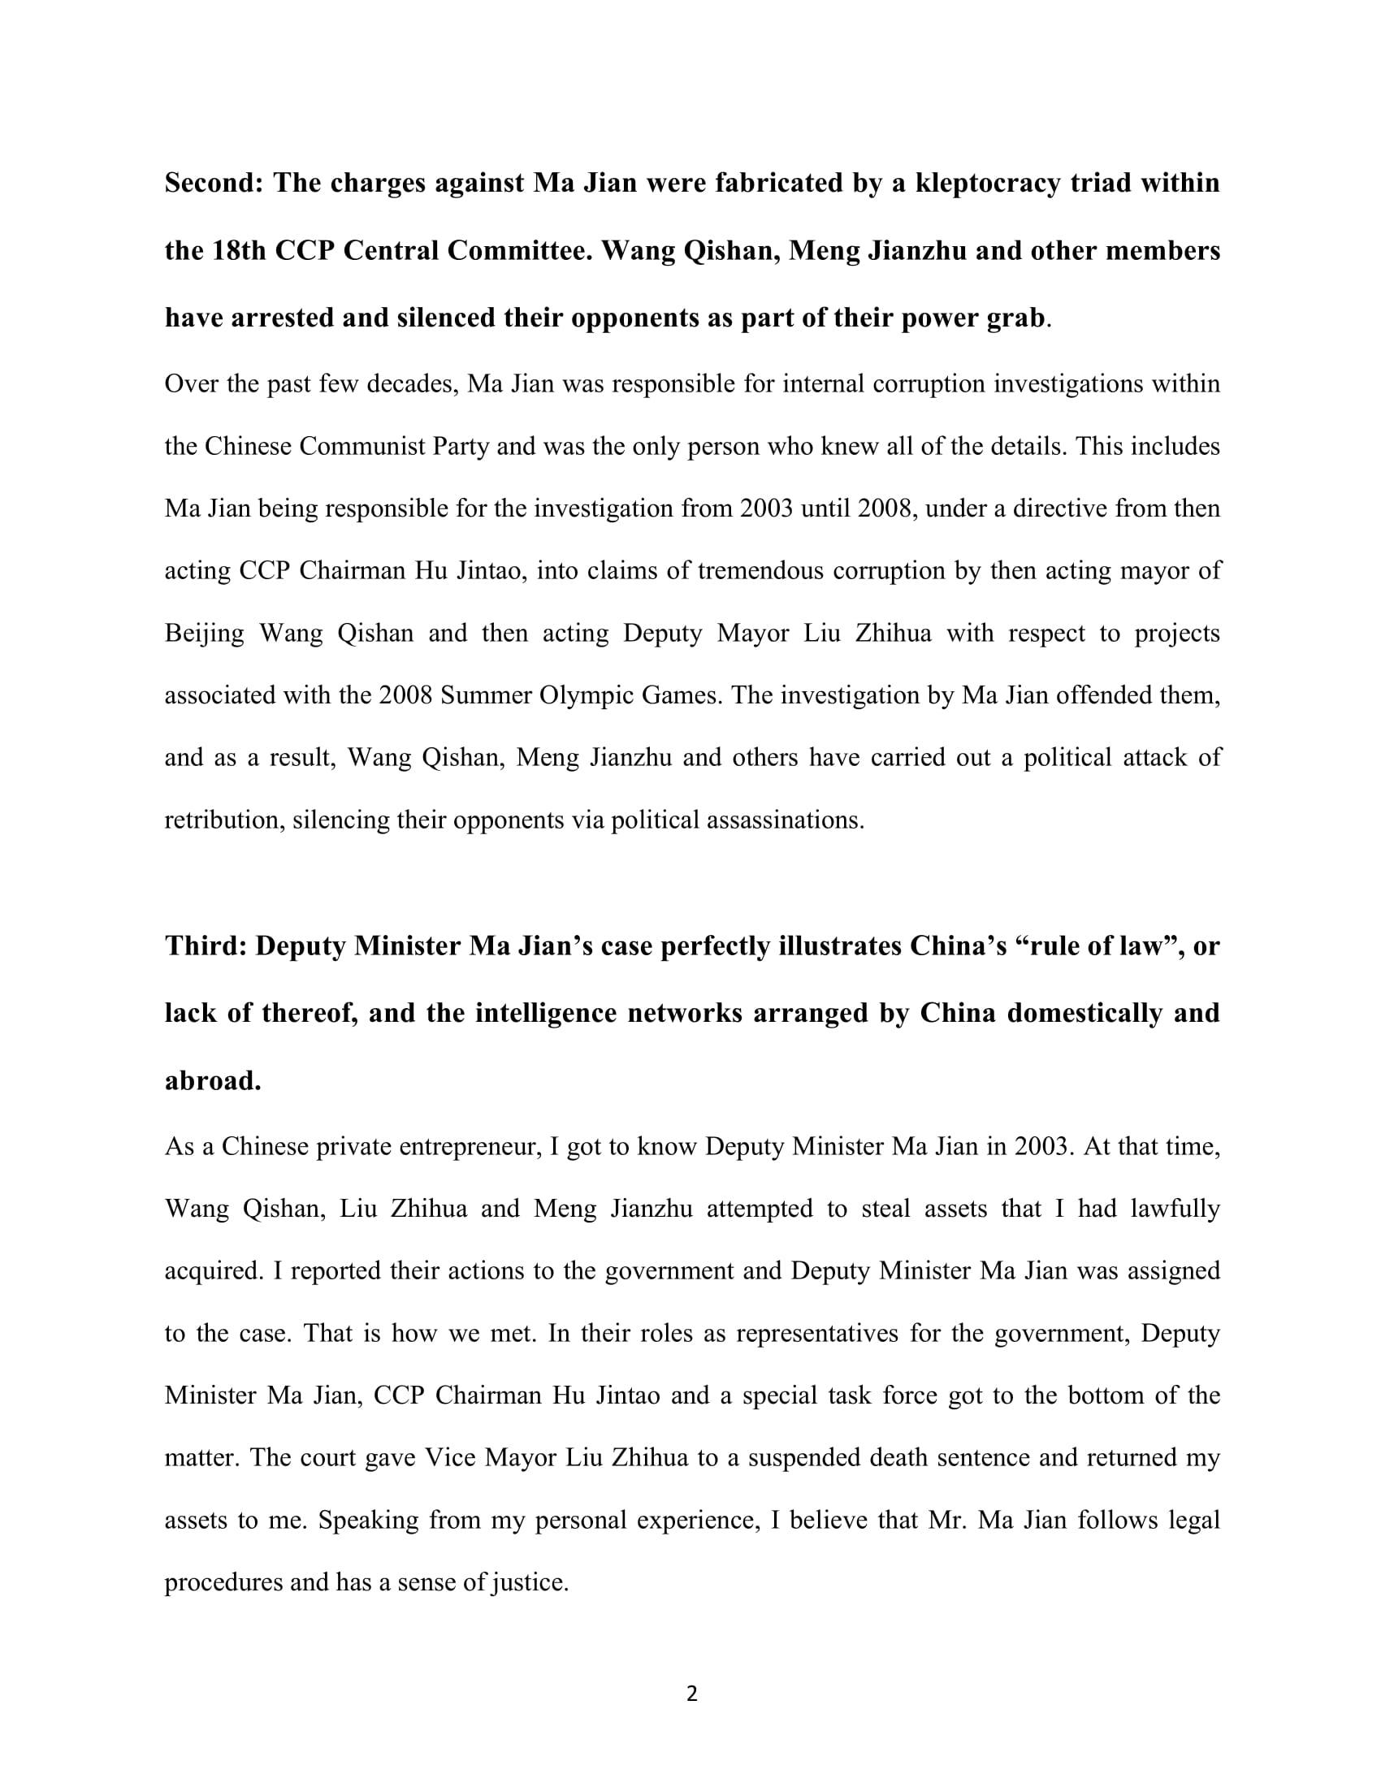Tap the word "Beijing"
tap(205, 634)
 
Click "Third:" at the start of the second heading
tap(206, 945)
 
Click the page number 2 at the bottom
tap(691, 1695)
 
